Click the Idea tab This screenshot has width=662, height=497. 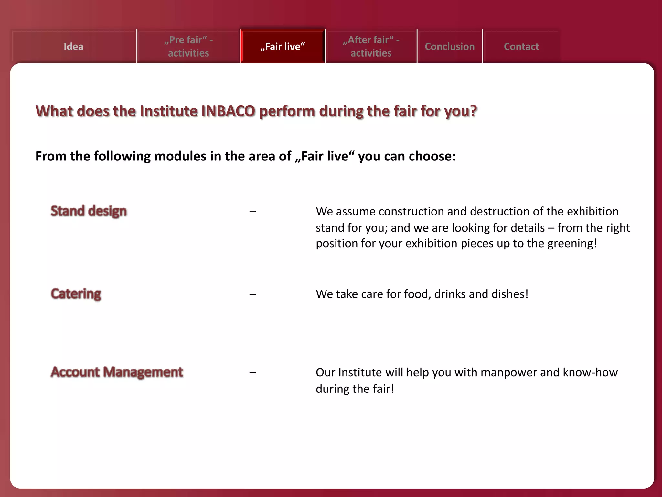[73, 47]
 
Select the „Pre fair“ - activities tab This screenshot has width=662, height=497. [188, 47]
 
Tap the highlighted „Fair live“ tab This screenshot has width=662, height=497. [283, 47]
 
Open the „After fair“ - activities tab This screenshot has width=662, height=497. [371, 47]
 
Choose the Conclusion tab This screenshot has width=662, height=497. [450, 47]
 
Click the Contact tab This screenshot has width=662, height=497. [521, 47]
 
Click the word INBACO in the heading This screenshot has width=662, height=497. [228, 111]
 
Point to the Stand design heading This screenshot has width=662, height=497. [89, 211]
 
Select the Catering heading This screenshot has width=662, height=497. [76, 294]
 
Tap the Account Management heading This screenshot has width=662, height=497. [117, 372]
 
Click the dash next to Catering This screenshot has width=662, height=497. [253, 294]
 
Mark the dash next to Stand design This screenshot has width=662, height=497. [253, 212]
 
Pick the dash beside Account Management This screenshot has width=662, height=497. [253, 373]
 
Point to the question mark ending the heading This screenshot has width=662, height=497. [473, 111]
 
